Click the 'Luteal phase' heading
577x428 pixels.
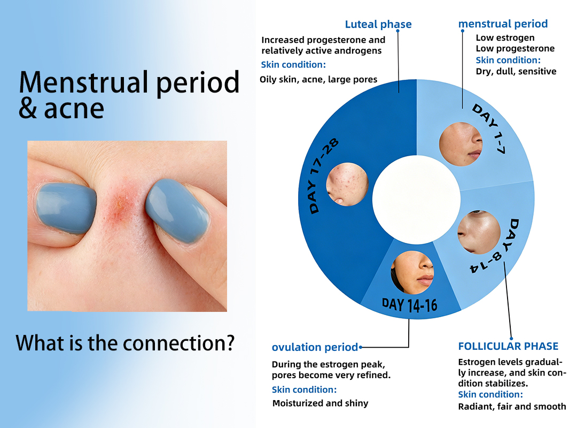pos(378,24)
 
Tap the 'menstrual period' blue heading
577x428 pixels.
pos(503,24)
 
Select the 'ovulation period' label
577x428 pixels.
pos(315,347)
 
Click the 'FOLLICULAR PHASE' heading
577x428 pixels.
pos(508,346)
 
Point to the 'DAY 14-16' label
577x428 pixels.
pos(410,305)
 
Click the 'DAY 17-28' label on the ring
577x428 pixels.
pos(323,176)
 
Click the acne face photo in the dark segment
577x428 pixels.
pos(347,185)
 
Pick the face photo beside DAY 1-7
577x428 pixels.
pos(461,144)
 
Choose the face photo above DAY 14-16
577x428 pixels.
pos(412,272)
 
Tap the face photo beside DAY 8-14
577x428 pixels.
pos(479,232)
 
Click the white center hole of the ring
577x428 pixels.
pos(416,200)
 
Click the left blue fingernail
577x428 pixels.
pos(66,208)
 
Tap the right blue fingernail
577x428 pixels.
pos(177,210)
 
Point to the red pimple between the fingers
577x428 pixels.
pos(120,204)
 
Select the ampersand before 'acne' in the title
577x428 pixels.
pos(28,109)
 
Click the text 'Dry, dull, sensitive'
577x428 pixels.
pos(516,71)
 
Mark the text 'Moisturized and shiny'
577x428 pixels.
pos(320,403)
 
